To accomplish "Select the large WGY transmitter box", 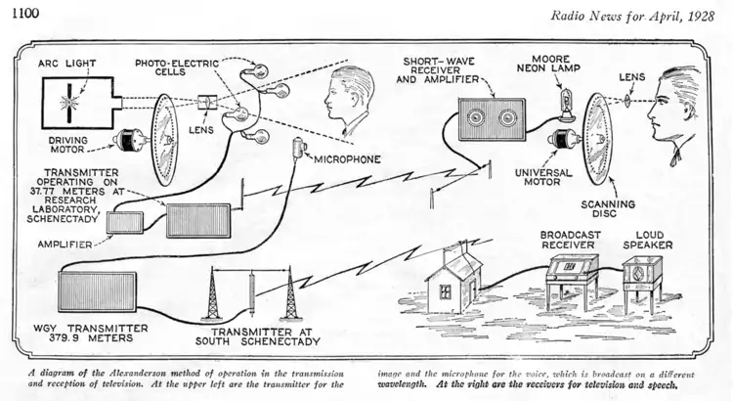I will [97, 294].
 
